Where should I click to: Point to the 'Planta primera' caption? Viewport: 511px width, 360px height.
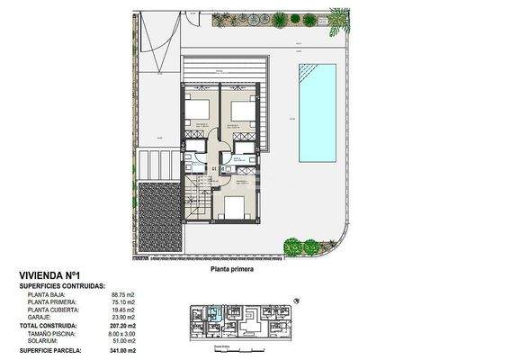click(x=232, y=267)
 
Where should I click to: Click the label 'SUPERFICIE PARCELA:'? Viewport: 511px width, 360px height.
click(x=55, y=349)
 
